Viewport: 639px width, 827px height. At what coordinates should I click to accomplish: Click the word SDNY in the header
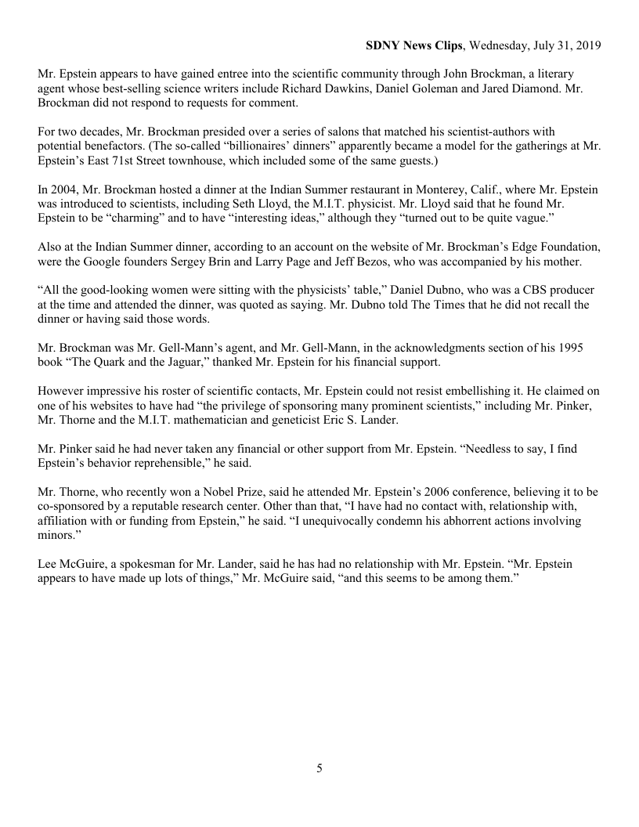tap(382, 45)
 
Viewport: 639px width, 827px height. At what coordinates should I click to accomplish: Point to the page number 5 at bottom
tap(319, 768)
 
